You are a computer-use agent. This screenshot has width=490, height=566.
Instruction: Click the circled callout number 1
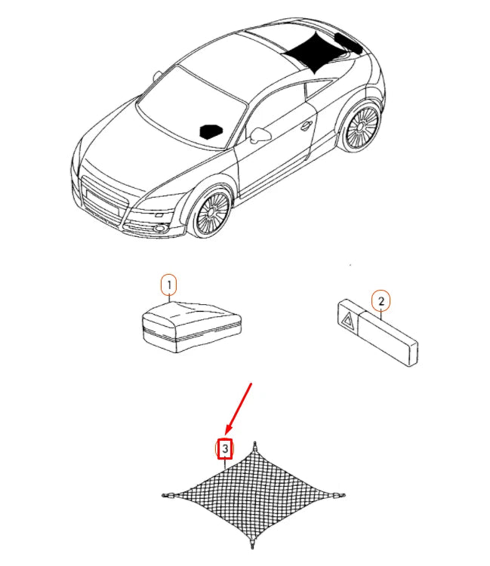click(170, 285)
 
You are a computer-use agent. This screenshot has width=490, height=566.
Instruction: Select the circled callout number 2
click(381, 300)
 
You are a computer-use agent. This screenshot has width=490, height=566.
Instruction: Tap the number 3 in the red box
click(225, 449)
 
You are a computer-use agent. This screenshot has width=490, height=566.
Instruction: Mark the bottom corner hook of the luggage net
click(252, 545)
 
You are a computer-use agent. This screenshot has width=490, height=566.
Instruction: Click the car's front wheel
click(211, 212)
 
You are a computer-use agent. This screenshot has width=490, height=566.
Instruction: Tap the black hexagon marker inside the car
click(211, 131)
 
